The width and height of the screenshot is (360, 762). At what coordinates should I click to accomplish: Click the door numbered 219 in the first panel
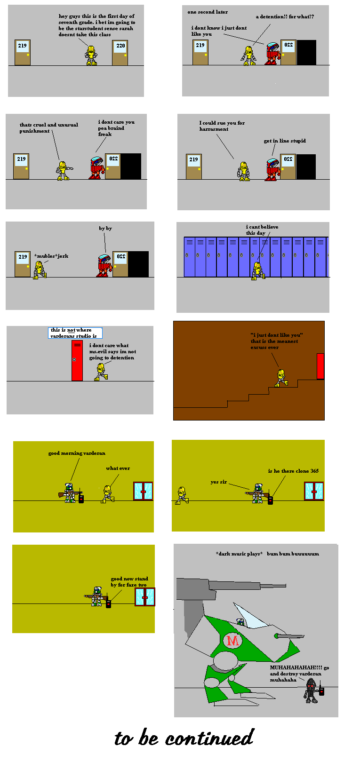click(x=23, y=53)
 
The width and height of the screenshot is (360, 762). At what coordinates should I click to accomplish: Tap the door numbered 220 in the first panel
click(x=120, y=53)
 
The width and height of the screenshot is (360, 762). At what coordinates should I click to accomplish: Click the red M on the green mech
click(x=232, y=640)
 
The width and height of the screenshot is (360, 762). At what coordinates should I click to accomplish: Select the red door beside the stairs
click(x=320, y=366)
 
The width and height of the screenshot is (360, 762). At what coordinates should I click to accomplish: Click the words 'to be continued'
click(x=184, y=738)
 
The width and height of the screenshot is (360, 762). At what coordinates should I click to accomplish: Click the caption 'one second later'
click(x=208, y=12)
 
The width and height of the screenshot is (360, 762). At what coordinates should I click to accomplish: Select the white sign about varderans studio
click(x=75, y=333)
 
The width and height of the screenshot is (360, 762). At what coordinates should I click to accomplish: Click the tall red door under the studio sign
click(x=77, y=360)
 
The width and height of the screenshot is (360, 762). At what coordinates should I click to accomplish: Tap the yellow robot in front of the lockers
click(x=257, y=270)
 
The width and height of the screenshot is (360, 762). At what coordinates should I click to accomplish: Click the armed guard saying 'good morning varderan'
click(x=70, y=493)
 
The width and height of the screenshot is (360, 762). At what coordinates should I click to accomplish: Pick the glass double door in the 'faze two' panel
click(x=144, y=596)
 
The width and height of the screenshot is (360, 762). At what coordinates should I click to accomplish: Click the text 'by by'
click(x=105, y=228)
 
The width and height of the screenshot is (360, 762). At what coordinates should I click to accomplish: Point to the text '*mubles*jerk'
click(x=51, y=256)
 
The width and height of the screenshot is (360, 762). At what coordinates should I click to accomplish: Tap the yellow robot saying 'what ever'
click(x=107, y=494)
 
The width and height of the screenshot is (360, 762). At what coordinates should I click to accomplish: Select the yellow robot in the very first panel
click(x=91, y=56)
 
